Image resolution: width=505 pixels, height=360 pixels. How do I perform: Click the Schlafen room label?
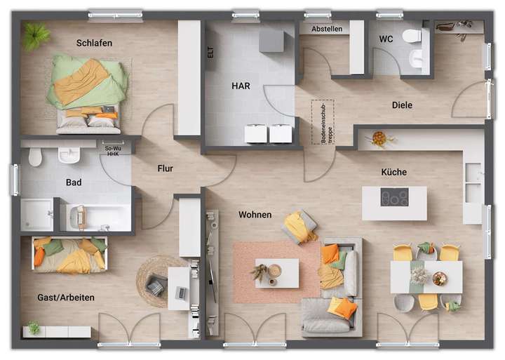94,43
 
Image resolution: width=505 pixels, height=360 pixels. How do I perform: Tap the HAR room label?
241,86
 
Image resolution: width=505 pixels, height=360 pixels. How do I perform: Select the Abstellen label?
328,29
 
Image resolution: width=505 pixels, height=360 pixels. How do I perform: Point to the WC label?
386,39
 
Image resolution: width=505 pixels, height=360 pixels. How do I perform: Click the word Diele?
402,105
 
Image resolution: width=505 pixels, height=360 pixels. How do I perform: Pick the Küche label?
393,172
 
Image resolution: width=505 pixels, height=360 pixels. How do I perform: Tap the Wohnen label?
255,215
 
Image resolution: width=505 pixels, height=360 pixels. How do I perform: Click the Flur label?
165,168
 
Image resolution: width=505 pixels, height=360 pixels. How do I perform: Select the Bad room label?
74,182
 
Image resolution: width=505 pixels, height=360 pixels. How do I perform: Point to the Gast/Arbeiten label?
66,298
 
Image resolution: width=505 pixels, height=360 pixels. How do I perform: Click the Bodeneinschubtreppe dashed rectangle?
323,122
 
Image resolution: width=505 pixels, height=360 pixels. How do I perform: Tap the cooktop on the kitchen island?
394,198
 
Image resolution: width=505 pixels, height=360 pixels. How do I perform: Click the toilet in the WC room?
412,36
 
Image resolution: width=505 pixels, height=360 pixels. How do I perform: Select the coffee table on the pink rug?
276,273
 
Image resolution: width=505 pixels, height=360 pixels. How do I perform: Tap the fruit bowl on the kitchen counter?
379,138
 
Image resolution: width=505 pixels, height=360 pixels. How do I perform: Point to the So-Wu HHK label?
112,151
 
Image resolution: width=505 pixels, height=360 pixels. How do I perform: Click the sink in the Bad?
69,155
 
